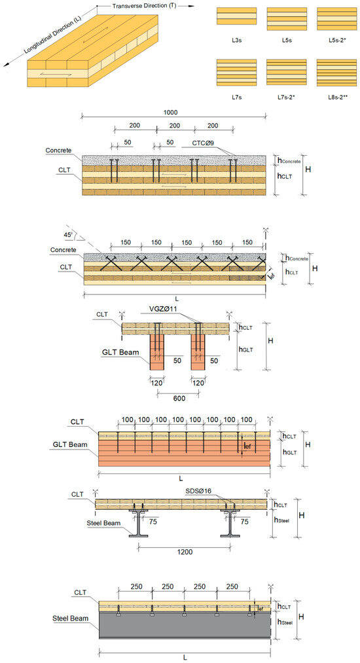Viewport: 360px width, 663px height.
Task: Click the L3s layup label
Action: coord(236,40)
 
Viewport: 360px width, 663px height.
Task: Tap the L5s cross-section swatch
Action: coord(287,18)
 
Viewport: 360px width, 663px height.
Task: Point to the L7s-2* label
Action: coord(287,97)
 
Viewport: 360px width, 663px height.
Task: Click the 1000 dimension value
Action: coord(170,113)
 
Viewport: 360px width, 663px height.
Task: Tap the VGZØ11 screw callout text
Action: coord(165,310)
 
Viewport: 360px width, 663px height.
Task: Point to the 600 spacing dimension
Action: coord(179,398)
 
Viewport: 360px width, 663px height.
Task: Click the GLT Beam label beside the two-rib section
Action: coord(120,352)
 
